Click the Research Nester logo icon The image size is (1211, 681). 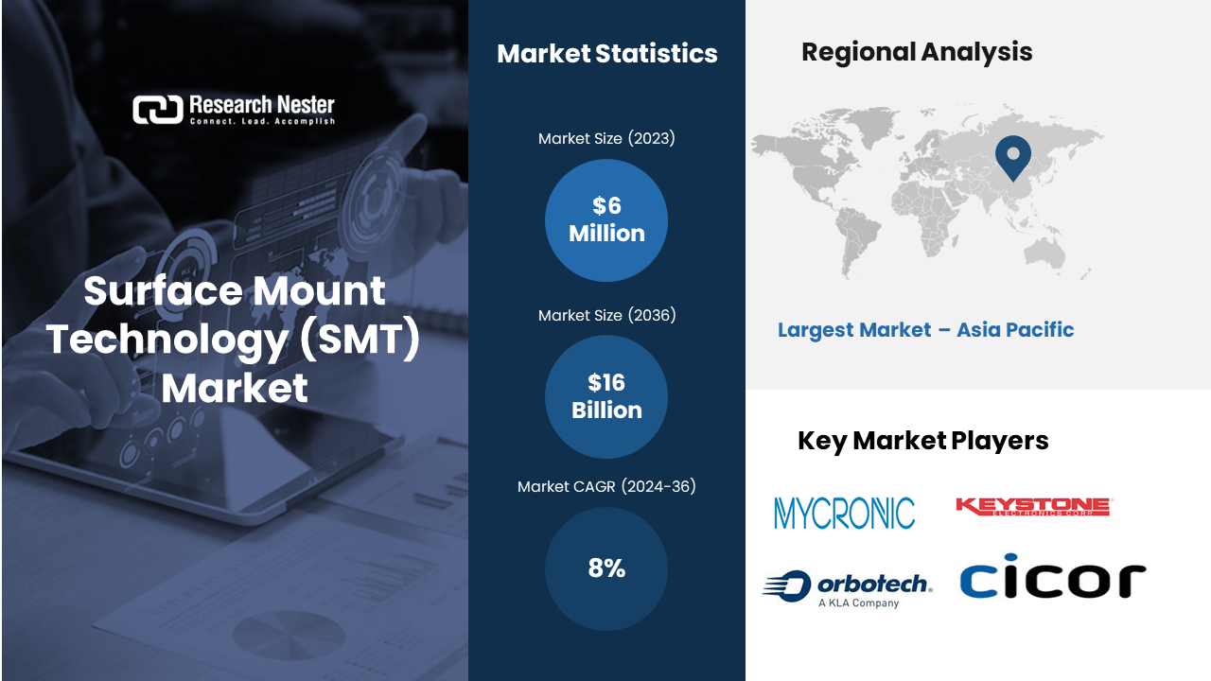tap(158, 110)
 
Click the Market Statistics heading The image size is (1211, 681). tap(607, 54)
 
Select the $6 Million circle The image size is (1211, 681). tap(606, 220)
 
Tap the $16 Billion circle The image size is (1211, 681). tap(606, 396)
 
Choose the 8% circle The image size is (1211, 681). tap(606, 568)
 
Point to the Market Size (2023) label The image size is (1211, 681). tap(606, 138)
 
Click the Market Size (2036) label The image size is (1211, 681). tap(606, 315)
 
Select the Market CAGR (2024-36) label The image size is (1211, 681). tap(606, 486)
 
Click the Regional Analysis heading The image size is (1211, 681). tap(917, 52)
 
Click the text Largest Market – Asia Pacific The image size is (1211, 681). tap(925, 330)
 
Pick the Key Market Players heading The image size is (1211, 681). tap(922, 441)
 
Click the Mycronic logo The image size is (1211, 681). tap(845, 513)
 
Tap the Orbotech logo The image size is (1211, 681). tap(848, 588)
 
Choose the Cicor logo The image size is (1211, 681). tap(1053, 576)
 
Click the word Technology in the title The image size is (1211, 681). tap(167, 340)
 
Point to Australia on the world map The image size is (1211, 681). tap(1044, 254)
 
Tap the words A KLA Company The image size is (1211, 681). tap(858, 602)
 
